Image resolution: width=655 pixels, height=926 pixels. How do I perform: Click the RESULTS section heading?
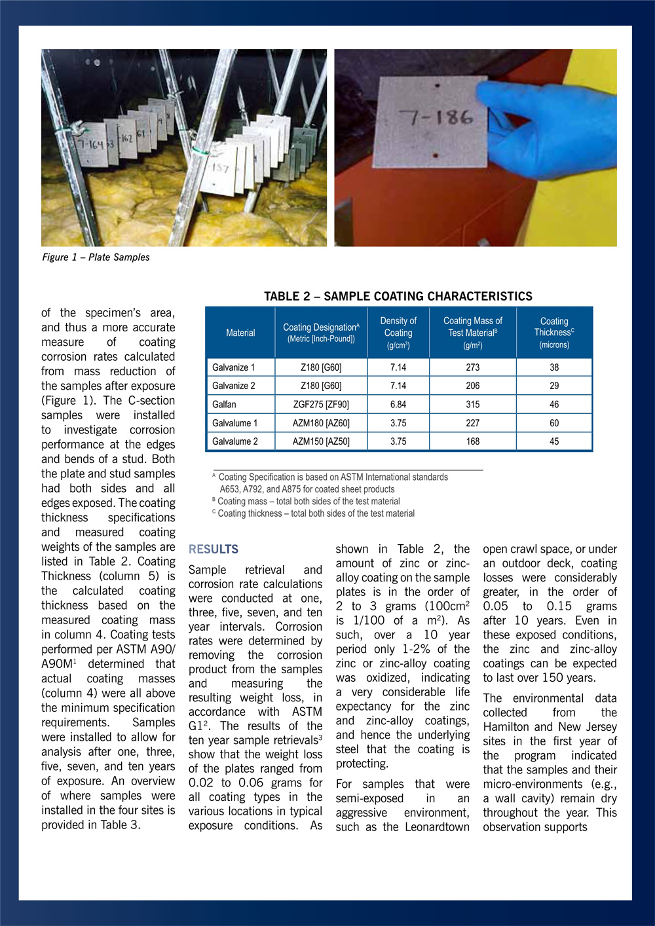[x=214, y=549]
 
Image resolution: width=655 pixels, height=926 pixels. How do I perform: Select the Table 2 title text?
[x=398, y=296]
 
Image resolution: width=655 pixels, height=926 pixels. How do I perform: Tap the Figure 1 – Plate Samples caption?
[x=96, y=257]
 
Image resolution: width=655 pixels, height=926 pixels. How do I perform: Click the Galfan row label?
[x=224, y=405]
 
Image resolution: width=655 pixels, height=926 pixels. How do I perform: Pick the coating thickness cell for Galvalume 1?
[x=554, y=423]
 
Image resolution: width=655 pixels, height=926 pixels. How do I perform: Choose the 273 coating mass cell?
[x=473, y=367]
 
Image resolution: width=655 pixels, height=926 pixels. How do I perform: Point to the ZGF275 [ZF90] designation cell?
[x=321, y=405]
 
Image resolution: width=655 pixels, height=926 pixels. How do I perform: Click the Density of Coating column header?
[x=398, y=333]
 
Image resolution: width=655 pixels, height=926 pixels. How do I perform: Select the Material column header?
[x=240, y=333]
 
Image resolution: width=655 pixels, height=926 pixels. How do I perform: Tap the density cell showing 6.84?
[x=398, y=405]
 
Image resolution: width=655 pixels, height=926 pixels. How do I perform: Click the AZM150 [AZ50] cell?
[x=321, y=441]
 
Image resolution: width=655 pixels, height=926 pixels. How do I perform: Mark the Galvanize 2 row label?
[x=234, y=386]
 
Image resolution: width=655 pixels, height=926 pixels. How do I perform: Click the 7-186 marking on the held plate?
[x=436, y=117]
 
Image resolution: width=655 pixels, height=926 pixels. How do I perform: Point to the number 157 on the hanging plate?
[x=220, y=169]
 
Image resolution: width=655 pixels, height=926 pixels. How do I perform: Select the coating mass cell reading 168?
[x=473, y=441]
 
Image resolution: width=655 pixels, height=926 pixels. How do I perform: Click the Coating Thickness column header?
[x=554, y=333]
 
